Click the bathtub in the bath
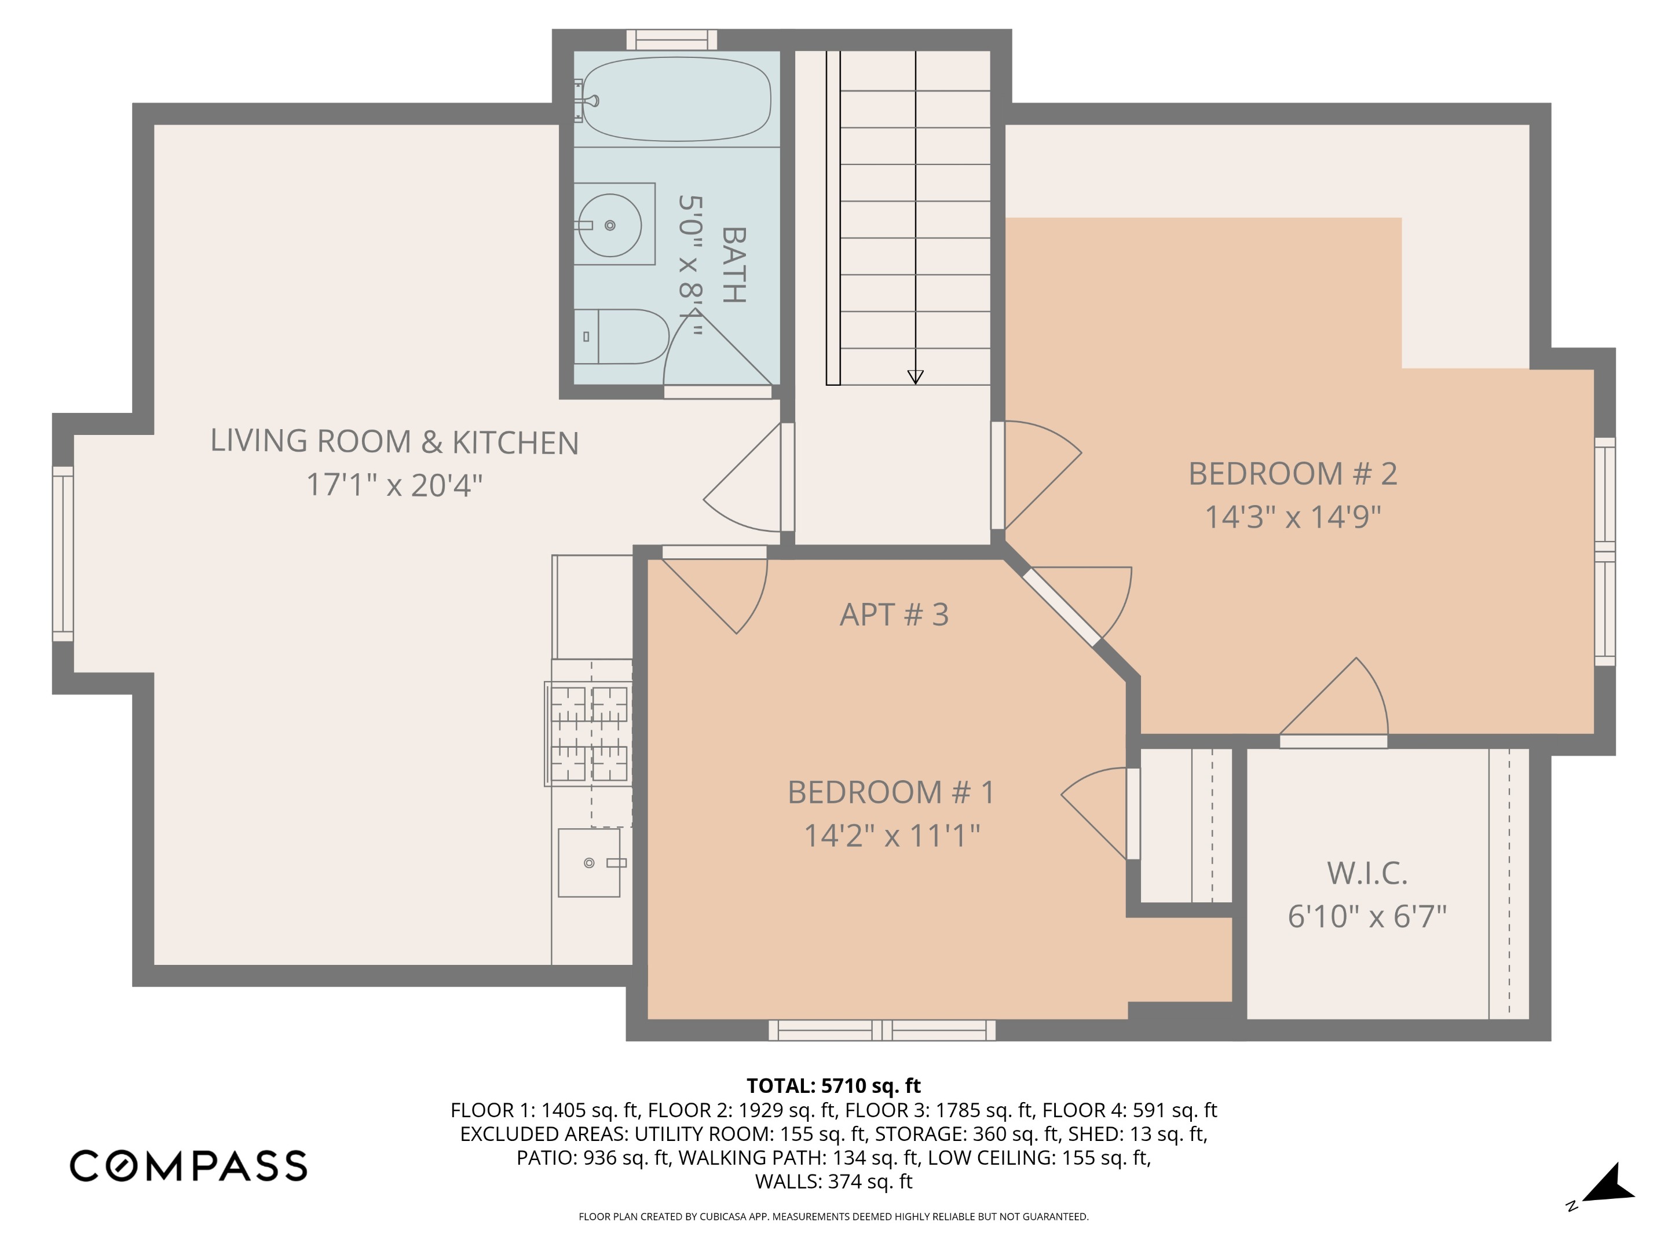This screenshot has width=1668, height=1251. [x=676, y=100]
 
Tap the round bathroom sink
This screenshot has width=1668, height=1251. [x=609, y=225]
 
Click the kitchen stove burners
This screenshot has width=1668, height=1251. [x=589, y=733]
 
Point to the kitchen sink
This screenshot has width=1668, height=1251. [x=590, y=862]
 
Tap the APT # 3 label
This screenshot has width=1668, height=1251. [x=894, y=614]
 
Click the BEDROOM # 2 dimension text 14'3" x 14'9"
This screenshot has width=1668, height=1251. [x=1293, y=517]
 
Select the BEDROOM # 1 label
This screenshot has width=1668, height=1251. [x=891, y=792]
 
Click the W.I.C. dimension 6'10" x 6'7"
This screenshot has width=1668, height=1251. [x=1366, y=916]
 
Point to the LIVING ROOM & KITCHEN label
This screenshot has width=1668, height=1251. [x=394, y=442]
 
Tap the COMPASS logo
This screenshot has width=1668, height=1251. [x=188, y=1166]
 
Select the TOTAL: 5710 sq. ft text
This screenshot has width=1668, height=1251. [x=833, y=1086]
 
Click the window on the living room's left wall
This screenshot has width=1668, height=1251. [x=63, y=554]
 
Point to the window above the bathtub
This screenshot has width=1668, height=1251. [x=671, y=39]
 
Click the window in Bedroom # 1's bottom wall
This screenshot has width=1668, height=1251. [x=881, y=1030]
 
